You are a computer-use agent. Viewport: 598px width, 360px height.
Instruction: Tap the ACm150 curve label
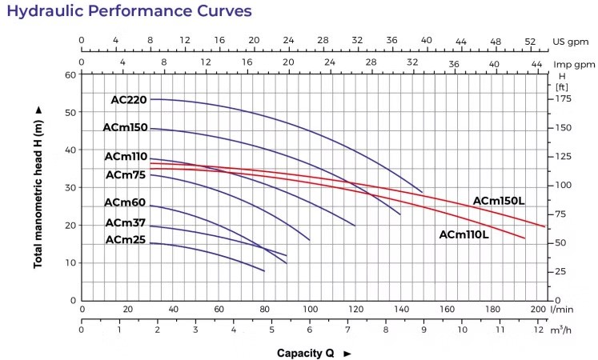[x=126, y=127]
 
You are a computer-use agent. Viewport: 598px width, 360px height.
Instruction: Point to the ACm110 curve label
[x=126, y=157]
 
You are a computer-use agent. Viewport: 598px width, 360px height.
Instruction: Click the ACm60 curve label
[x=126, y=202]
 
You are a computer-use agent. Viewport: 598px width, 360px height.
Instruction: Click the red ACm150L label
[x=499, y=201]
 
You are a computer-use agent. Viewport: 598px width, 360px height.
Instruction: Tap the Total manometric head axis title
[x=38, y=187]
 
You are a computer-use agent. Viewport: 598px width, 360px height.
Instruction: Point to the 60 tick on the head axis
[x=70, y=74]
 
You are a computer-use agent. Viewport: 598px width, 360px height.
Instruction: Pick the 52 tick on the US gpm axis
[x=529, y=41]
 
